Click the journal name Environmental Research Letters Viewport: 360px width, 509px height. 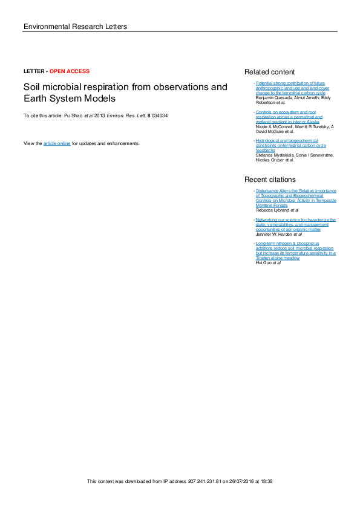(74, 27)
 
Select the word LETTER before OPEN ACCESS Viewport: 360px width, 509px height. (33, 71)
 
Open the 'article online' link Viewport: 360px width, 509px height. (57, 143)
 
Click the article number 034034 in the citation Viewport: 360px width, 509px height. (160, 115)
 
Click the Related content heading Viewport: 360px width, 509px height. (269, 72)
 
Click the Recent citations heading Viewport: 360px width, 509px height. (270, 180)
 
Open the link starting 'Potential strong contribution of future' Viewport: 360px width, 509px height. (290, 82)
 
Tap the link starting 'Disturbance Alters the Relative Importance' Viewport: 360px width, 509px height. (296, 190)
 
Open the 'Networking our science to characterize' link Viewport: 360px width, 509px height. (295, 219)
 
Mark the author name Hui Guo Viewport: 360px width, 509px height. (264, 263)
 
